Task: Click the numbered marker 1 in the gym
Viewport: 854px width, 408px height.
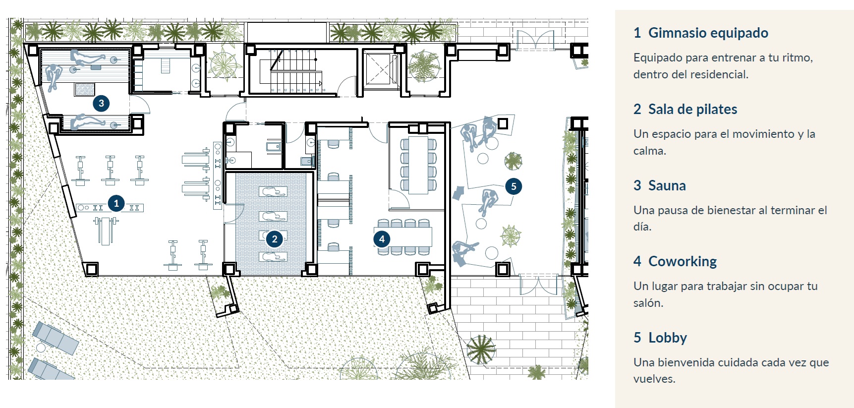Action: (116, 203)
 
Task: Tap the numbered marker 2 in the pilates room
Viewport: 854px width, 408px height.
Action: (274, 239)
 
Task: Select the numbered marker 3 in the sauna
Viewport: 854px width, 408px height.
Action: (101, 103)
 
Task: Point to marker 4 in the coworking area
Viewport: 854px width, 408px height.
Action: (382, 239)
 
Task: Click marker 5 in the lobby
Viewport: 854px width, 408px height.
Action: (513, 186)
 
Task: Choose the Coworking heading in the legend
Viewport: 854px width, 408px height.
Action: (683, 261)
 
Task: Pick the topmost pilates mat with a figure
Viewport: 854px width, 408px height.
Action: (273, 192)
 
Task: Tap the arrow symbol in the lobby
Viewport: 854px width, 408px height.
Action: (458, 193)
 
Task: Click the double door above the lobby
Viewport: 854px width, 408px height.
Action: (536, 40)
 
